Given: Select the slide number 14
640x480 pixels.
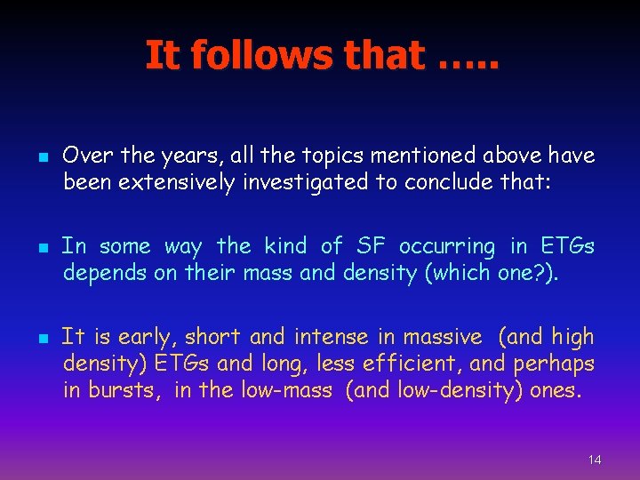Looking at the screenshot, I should pos(595,460).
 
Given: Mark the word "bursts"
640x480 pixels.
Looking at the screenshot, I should pos(118,390).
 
